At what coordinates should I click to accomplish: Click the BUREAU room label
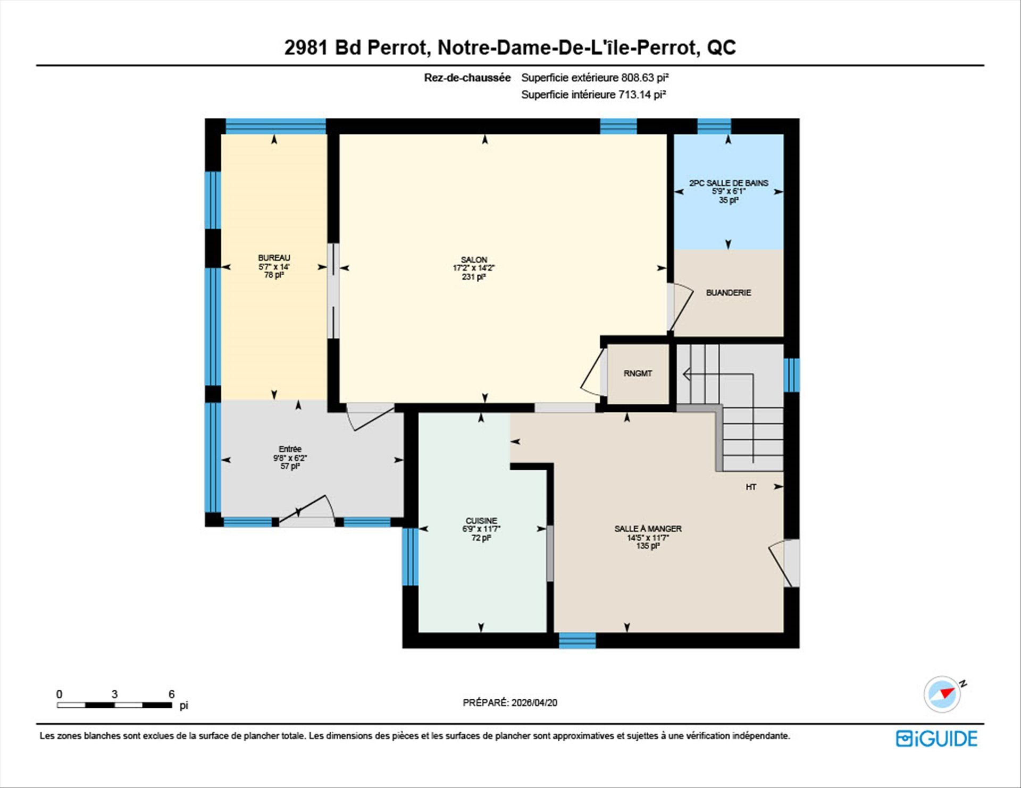[x=274, y=258]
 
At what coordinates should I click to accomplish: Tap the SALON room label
[x=474, y=260]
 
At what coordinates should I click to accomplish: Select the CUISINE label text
[x=481, y=521]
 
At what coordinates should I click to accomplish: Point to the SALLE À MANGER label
[x=648, y=529]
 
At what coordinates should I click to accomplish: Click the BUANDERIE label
[x=729, y=293]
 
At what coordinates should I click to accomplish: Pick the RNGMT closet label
[x=638, y=374]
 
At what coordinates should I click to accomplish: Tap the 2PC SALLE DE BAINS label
[x=729, y=183]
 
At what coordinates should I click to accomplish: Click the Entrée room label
[x=290, y=449]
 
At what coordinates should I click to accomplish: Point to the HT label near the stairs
[x=751, y=487]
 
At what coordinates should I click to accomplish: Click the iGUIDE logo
[x=936, y=739]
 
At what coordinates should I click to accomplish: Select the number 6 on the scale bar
[x=171, y=694]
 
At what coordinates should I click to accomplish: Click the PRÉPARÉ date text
[x=510, y=702]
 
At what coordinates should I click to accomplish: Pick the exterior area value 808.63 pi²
[x=645, y=78]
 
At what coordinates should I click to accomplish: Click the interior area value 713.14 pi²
[x=642, y=95]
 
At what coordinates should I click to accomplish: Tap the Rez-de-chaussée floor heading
[x=467, y=78]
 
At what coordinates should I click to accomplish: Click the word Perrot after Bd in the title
[x=397, y=47]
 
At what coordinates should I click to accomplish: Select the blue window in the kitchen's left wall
[x=410, y=556]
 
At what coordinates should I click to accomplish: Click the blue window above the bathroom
[x=714, y=126]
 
